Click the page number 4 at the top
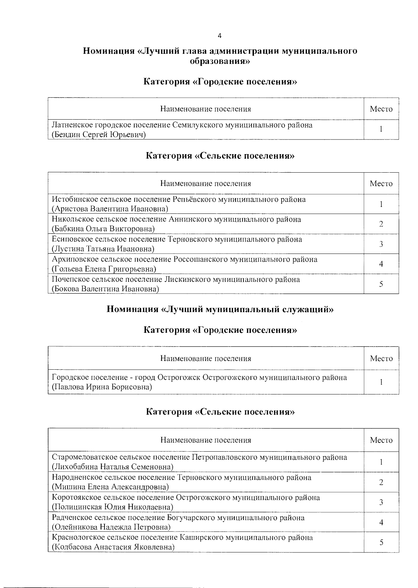coord(219,36)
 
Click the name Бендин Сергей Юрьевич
coord(99,135)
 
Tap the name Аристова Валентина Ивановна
coord(110,209)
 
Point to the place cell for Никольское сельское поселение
coord(381,224)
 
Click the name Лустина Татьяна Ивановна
coord(103,249)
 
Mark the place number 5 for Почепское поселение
coord(381,284)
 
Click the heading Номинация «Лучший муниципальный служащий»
coord(220,309)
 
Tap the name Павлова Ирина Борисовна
coord(102,387)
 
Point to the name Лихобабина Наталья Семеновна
coord(113,467)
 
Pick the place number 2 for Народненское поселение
coord(381,482)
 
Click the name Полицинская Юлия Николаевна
coord(112,507)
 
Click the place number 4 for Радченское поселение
coord(381,522)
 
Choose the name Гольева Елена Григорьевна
coord(104,269)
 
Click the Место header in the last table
coord(381,440)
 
